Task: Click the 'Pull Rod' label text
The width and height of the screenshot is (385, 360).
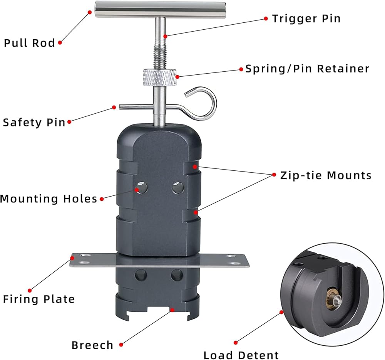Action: [x=29, y=43]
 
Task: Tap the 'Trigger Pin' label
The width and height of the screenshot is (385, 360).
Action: [x=306, y=19]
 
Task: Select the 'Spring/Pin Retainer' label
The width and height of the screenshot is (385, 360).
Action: [x=307, y=69]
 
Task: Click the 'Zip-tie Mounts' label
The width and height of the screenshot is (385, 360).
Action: [x=326, y=175]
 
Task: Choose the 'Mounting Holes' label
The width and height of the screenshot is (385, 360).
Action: [x=49, y=199]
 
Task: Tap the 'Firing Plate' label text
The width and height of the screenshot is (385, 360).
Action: [x=39, y=299]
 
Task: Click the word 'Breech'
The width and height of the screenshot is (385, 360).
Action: [x=93, y=345]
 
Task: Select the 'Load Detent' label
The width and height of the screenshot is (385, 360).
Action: [x=241, y=355]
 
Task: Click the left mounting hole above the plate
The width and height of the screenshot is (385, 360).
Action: [x=141, y=188]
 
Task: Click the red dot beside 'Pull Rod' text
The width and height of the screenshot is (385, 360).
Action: [x=60, y=43]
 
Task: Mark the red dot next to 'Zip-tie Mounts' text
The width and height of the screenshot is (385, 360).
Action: [x=274, y=174]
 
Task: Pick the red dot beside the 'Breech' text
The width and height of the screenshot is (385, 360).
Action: [x=121, y=345]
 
